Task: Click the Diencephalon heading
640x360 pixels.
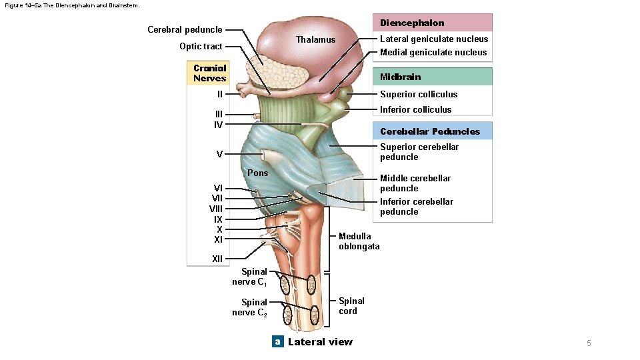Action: (x=412, y=23)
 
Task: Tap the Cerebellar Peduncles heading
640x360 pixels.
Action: (x=430, y=131)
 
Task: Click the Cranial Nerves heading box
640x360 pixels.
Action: (x=209, y=73)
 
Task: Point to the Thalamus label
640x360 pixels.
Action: (x=316, y=40)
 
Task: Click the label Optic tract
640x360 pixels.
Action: (x=201, y=46)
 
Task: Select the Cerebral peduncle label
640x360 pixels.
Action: (x=185, y=29)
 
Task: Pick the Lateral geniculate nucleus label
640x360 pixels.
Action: (x=434, y=39)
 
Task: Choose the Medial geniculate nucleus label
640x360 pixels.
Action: (x=433, y=52)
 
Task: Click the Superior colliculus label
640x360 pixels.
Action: (x=419, y=94)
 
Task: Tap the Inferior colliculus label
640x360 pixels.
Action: (x=415, y=109)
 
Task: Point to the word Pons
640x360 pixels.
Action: (x=257, y=173)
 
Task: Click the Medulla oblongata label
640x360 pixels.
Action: (x=359, y=241)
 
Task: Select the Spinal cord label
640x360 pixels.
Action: (x=351, y=306)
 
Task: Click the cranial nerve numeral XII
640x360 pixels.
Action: (x=217, y=258)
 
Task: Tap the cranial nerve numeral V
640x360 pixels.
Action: (x=219, y=154)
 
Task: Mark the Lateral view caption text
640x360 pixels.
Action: (x=320, y=342)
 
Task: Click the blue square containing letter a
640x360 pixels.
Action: (x=278, y=342)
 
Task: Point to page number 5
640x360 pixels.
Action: (x=589, y=343)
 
